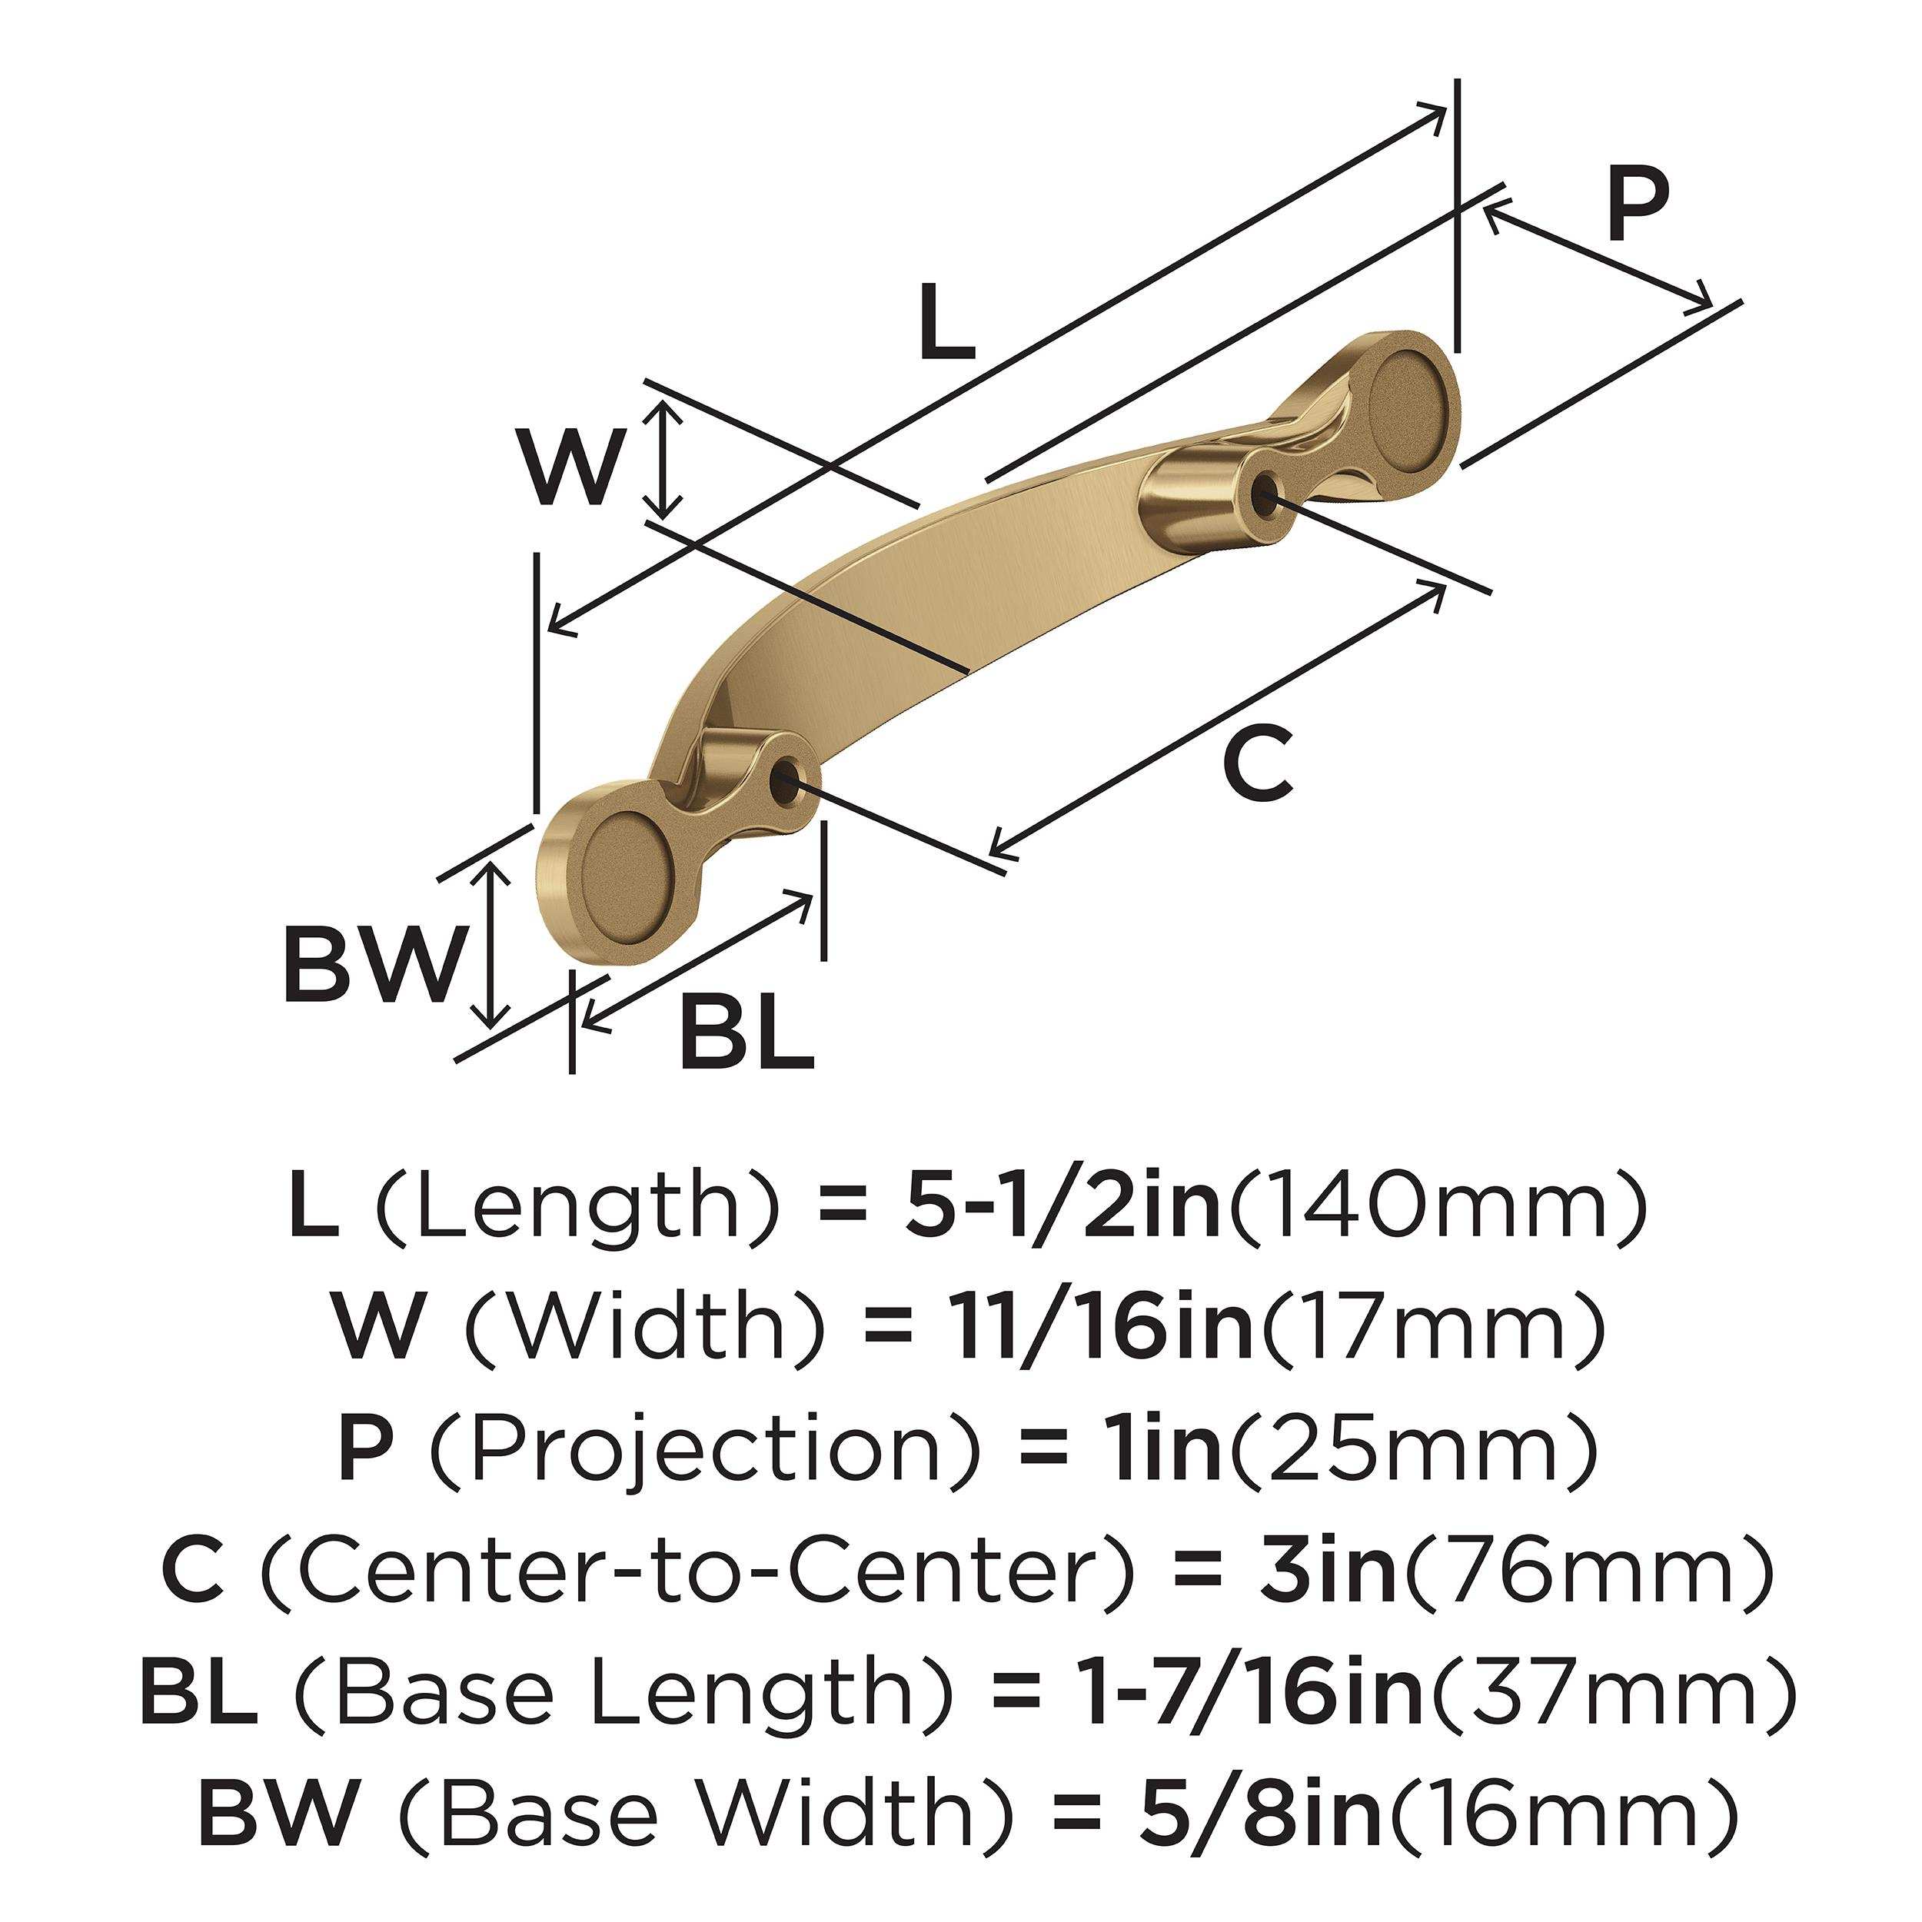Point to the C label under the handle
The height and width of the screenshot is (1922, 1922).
(x=1259, y=762)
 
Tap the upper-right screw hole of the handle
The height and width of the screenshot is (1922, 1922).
(x=1265, y=490)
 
